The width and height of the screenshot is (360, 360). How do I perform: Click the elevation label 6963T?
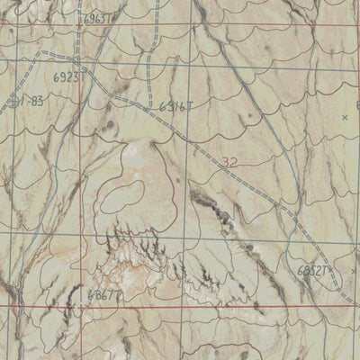click(x=98, y=17)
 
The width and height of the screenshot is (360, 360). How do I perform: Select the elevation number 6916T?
click(x=176, y=106)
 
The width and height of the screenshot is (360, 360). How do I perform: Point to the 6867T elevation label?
click(x=105, y=293)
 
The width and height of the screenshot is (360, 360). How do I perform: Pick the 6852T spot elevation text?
click(x=313, y=269)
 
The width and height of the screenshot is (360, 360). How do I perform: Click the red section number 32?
click(x=229, y=163)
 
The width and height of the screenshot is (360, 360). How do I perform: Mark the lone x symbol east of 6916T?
click(x=346, y=117)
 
